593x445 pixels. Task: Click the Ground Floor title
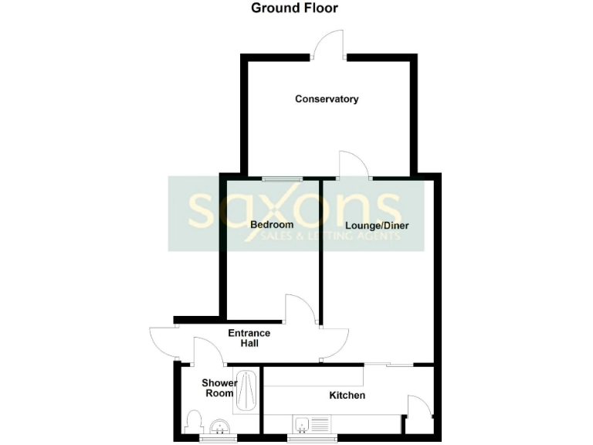click(x=295, y=8)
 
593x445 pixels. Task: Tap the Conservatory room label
click(x=327, y=99)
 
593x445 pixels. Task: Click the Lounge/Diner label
click(x=377, y=226)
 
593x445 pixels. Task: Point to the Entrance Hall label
click(x=249, y=338)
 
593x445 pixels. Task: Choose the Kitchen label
click(x=347, y=396)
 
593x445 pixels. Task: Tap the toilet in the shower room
click(x=195, y=422)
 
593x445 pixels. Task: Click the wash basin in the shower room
click(x=220, y=426)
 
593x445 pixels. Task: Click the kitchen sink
click(x=313, y=423)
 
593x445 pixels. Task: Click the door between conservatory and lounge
click(x=354, y=165)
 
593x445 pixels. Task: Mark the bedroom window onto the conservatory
click(x=282, y=178)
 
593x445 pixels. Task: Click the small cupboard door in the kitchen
click(x=418, y=410)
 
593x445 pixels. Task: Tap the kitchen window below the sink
click(x=312, y=439)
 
